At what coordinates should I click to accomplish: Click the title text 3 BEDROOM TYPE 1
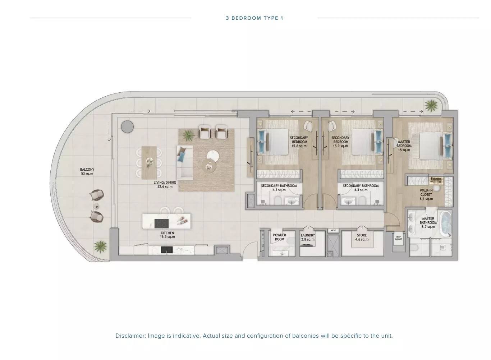[254, 18]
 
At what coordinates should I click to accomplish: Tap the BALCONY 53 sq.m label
[87, 172]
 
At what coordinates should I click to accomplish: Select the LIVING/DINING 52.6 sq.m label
[165, 185]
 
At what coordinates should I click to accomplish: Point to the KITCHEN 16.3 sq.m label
[168, 235]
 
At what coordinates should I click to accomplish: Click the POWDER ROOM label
[279, 237]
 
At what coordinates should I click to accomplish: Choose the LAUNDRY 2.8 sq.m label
[308, 237]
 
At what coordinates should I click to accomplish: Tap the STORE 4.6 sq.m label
[362, 237]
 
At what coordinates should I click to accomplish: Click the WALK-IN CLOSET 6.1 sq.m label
[426, 194]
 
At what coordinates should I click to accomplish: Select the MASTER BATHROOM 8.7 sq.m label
[428, 222]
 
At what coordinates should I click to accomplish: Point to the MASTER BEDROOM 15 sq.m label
[404, 146]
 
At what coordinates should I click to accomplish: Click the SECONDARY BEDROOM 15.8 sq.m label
[299, 142]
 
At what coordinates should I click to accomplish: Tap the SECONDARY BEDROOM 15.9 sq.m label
[340, 142]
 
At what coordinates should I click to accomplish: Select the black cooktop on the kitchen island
[161, 223]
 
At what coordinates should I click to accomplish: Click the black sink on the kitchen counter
[167, 250]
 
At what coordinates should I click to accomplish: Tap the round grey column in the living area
[127, 126]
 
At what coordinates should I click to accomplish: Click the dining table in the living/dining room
[149, 162]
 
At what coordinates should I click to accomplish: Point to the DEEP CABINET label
[398, 238]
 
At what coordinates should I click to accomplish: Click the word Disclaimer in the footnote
[130, 336]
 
